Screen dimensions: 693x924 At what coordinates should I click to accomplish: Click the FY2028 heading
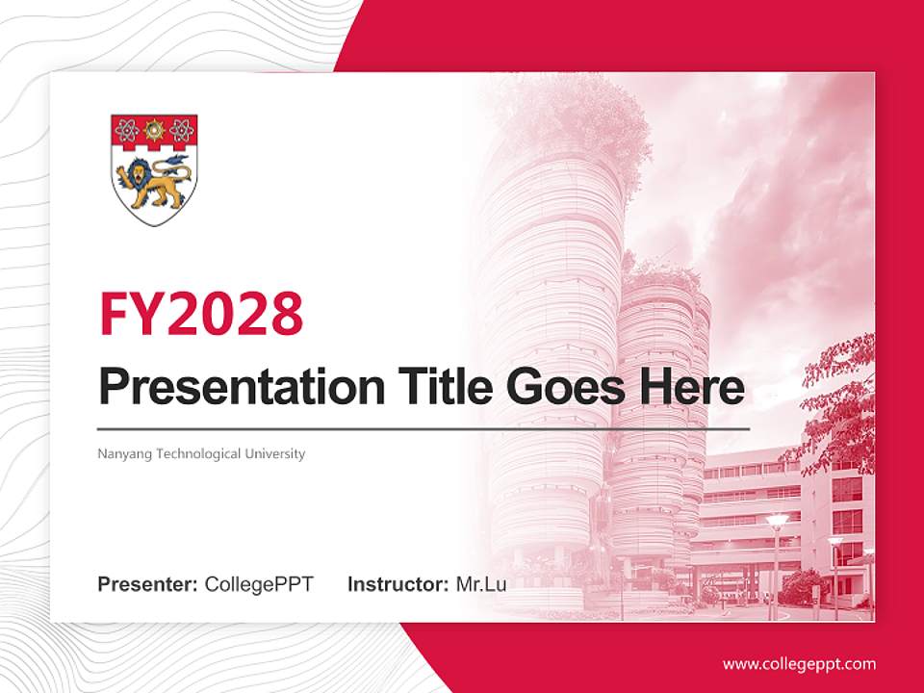tap(201, 314)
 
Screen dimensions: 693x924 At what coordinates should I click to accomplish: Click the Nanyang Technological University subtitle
tap(201, 453)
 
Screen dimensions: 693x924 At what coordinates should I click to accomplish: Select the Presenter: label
tap(148, 584)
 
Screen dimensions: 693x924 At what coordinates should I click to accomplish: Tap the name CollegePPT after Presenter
tap(259, 584)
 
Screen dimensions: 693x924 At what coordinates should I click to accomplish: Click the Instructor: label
tap(398, 584)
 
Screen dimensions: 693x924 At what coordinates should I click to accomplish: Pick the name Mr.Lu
tap(481, 584)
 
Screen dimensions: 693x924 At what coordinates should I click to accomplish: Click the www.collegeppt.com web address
tap(799, 664)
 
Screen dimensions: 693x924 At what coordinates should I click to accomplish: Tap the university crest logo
tap(154, 170)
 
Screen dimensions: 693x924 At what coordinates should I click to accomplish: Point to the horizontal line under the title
tap(423, 428)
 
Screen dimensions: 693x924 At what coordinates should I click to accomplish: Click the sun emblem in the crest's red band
tap(154, 129)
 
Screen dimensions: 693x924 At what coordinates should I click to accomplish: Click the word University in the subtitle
tap(275, 453)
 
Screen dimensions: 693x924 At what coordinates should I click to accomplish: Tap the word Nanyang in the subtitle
tap(121, 453)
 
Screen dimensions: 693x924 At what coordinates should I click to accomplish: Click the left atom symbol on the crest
tap(126, 129)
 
